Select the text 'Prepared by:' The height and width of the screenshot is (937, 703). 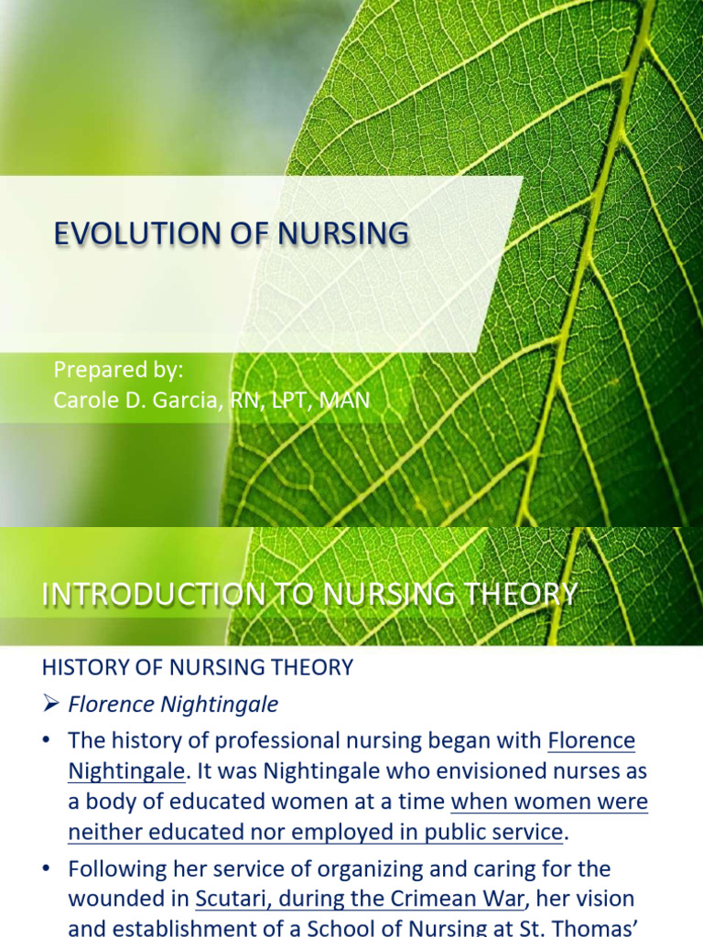(119, 370)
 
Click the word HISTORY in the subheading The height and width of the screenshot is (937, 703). (82, 668)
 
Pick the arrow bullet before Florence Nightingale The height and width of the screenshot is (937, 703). (51, 705)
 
